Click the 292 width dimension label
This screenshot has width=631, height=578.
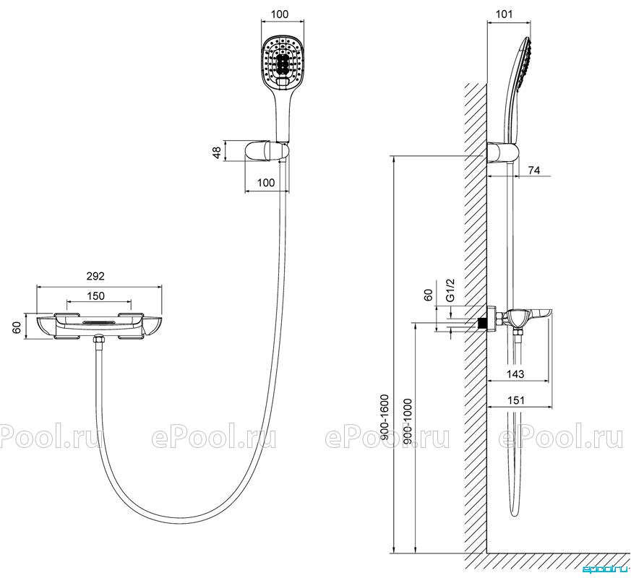(x=95, y=276)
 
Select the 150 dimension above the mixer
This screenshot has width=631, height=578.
(x=96, y=296)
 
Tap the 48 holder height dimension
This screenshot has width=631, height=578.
(x=217, y=152)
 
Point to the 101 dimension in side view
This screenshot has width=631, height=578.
(x=504, y=14)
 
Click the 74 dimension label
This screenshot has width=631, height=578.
(x=533, y=170)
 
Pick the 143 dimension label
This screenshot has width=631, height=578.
(x=515, y=374)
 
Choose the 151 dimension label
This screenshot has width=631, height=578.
(x=516, y=400)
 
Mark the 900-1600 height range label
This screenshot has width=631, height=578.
(x=385, y=417)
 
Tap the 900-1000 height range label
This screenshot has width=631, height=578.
(x=407, y=421)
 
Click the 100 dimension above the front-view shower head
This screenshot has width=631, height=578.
(x=280, y=14)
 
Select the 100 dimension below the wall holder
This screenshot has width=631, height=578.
(x=266, y=183)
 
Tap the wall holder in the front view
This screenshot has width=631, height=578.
(x=267, y=152)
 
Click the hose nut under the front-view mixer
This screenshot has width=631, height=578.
(x=98, y=340)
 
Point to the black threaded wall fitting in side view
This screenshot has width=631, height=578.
(x=481, y=323)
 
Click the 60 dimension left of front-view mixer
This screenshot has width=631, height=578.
(x=17, y=327)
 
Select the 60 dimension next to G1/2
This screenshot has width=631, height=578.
(x=429, y=295)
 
